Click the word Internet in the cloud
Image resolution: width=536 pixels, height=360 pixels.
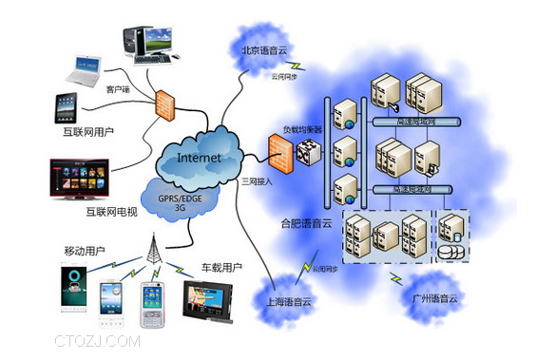coord(199,157)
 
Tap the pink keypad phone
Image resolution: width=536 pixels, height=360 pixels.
coord(154,303)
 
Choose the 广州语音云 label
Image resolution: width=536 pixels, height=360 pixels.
coord(431,301)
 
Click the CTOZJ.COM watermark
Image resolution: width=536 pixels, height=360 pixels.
coord(97,340)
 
